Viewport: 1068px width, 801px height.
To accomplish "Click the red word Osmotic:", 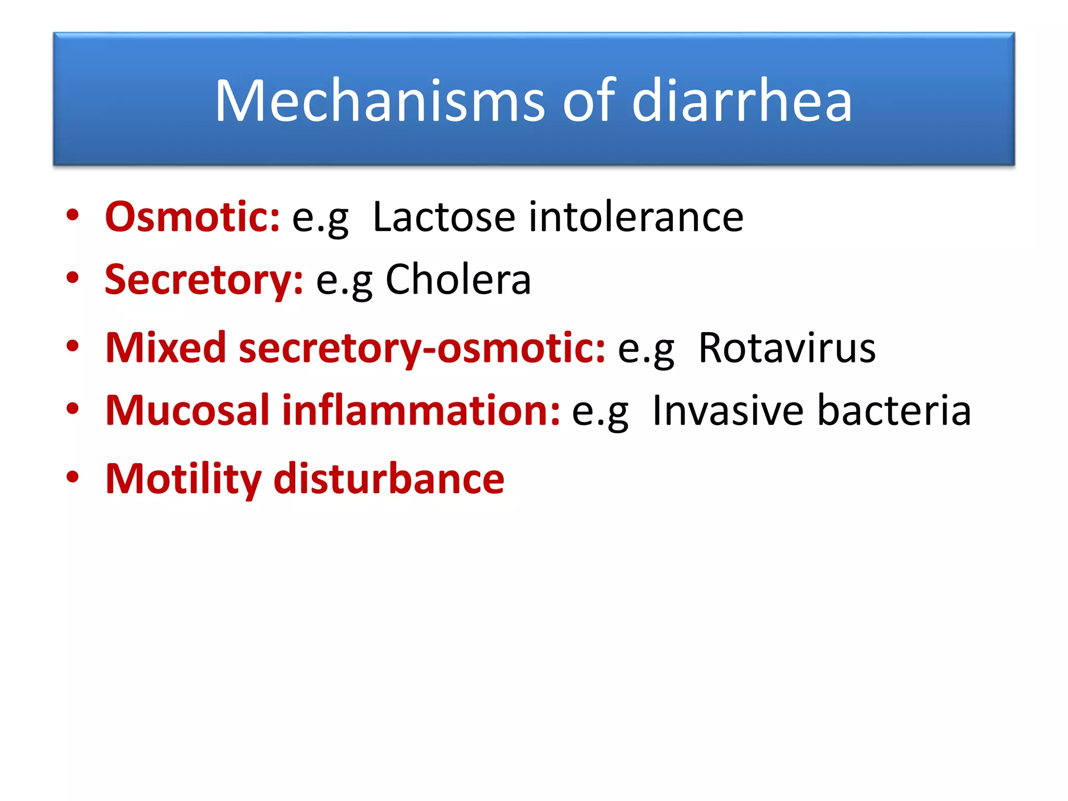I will tap(192, 216).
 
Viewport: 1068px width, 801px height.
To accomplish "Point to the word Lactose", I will tap(444, 216).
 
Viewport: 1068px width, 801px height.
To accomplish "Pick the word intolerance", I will tap(636, 216).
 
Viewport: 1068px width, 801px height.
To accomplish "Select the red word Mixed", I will tap(165, 347).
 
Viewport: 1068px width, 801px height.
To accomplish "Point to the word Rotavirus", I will tap(787, 347).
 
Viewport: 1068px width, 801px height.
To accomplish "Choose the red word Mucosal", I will tap(187, 410).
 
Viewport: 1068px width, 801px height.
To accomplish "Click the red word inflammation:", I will tap(421, 410).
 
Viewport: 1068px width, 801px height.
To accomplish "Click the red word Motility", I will tap(183, 479).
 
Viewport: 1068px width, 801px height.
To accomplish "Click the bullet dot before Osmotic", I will tap(72, 215).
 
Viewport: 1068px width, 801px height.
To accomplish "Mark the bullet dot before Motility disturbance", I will tap(72, 477).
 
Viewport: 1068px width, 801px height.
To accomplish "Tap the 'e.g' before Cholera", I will tap(344, 280).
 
